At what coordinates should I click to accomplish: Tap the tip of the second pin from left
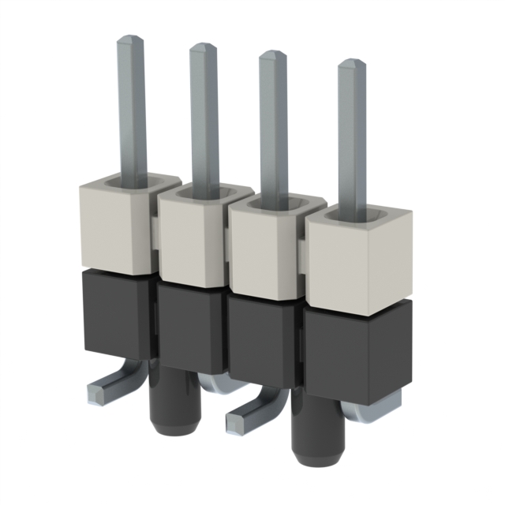point(203,49)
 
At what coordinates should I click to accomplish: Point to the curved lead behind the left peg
point(217,384)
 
